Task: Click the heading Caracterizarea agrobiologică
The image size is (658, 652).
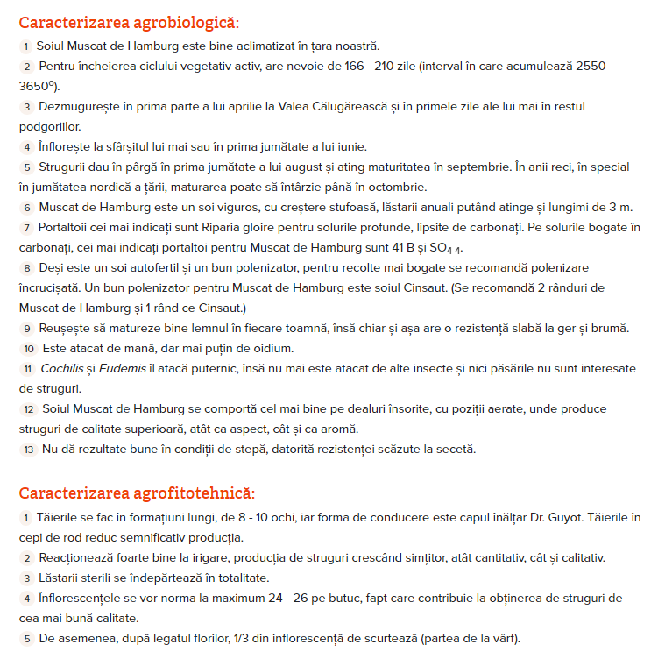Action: [x=128, y=22]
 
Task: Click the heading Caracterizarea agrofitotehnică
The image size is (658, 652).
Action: [x=137, y=493]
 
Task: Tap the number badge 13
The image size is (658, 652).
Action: [x=28, y=450]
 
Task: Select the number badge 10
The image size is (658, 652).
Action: [x=28, y=349]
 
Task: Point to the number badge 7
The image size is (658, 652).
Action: [x=27, y=228]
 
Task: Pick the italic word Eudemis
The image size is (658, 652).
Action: [x=124, y=369]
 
